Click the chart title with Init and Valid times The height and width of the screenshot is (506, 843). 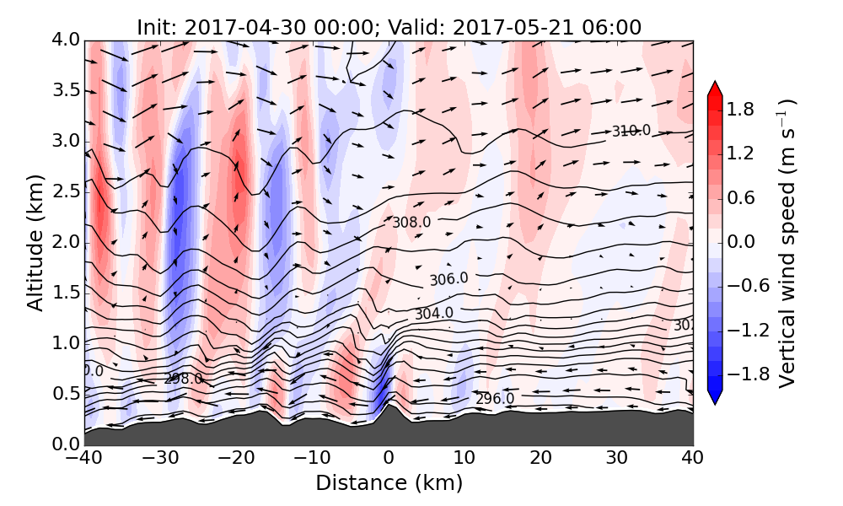coord(389,27)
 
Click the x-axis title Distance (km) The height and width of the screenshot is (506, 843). coord(389,483)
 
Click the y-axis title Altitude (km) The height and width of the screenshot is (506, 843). coord(35,242)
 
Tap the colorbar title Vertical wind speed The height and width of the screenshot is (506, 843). coord(787,243)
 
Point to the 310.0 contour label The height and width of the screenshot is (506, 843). coord(631,131)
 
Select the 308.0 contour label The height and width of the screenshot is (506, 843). coord(411,223)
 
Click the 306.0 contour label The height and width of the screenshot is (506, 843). coord(448,279)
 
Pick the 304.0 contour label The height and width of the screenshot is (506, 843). coord(433,314)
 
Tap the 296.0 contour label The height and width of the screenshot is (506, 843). coord(495,398)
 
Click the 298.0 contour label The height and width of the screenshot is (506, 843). coord(183,379)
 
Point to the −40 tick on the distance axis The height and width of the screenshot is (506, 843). coord(84,459)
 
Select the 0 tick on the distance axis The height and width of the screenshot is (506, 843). coord(389,459)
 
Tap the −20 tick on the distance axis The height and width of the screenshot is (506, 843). coord(236,459)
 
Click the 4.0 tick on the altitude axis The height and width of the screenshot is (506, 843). coord(67,40)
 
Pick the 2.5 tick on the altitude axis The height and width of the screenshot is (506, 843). coord(67,191)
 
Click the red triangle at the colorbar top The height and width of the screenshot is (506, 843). coord(715,88)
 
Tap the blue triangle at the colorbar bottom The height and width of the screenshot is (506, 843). coord(715,398)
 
